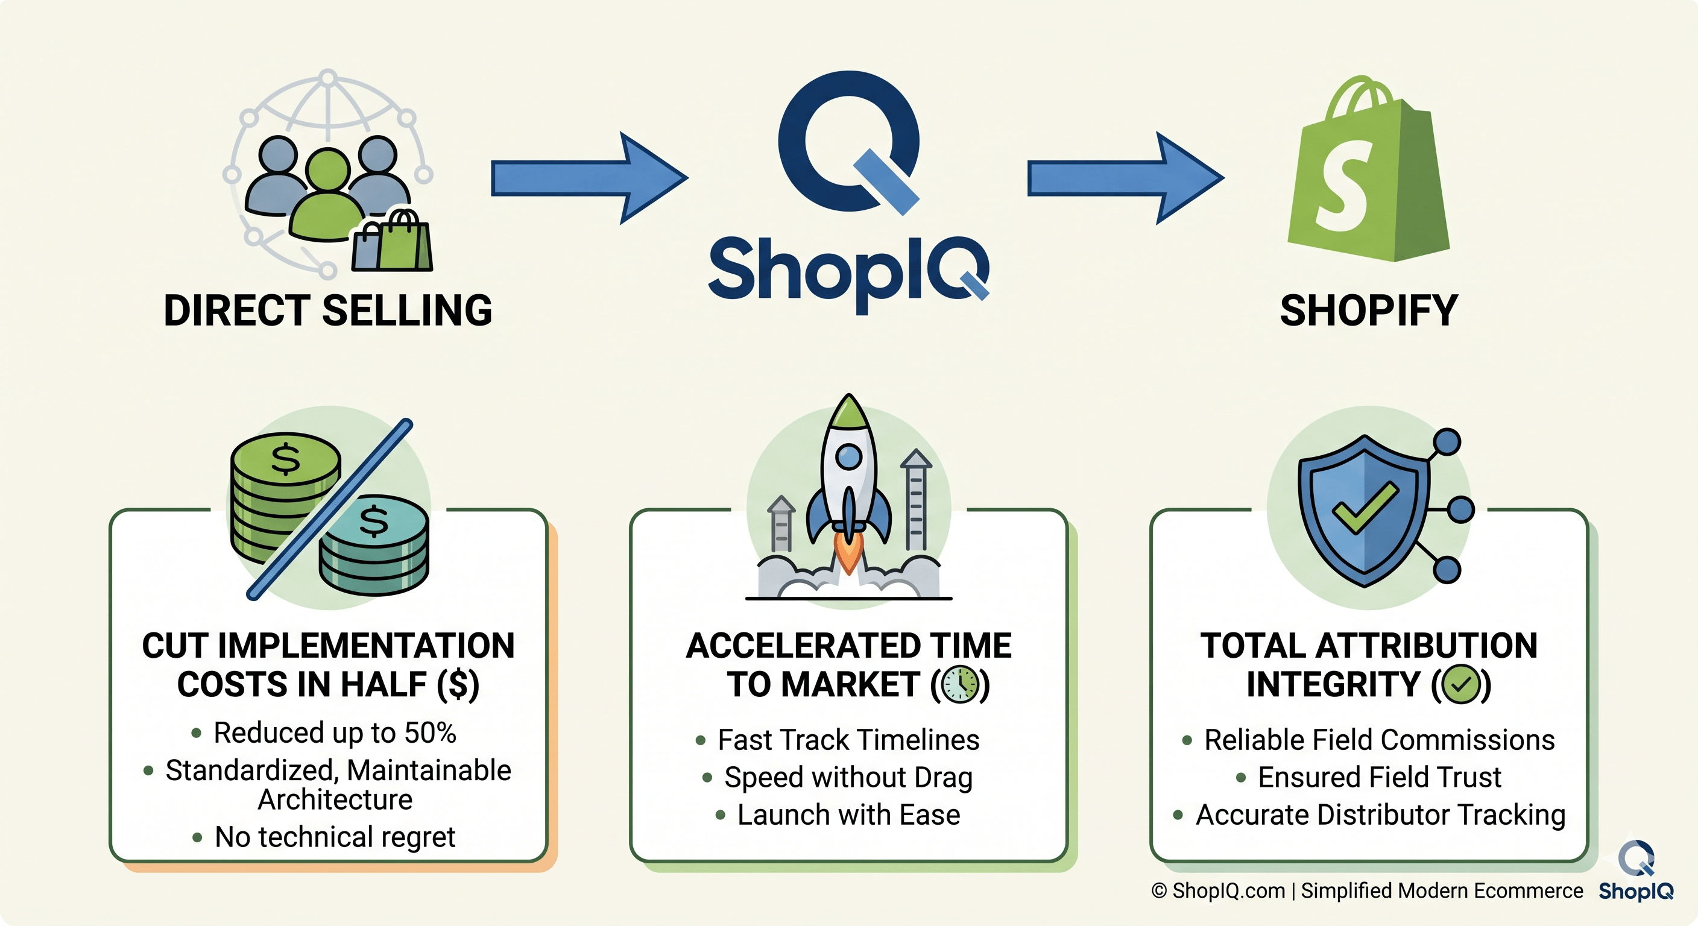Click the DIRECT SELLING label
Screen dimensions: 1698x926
(x=327, y=310)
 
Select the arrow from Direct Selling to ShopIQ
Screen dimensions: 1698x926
(x=589, y=178)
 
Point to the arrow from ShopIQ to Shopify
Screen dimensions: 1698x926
(x=1125, y=178)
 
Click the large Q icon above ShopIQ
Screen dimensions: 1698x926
(x=848, y=142)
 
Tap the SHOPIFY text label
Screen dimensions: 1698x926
(x=1368, y=310)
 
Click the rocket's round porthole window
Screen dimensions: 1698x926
(x=848, y=456)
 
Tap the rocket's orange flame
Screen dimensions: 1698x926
(x=848, y=553)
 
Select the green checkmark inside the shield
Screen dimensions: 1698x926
(x=1365, y=508)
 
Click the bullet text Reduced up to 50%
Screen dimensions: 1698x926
(x=334, y=733)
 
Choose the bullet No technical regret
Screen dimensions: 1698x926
(x=334, y=837)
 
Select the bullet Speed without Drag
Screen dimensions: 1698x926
(x=848, y=778)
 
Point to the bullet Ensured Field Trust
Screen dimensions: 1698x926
(x=1379, y=778)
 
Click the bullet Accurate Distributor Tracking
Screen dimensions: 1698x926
(x=1380, y=815)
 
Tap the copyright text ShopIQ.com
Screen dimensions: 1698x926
(x=1229, y=891)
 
